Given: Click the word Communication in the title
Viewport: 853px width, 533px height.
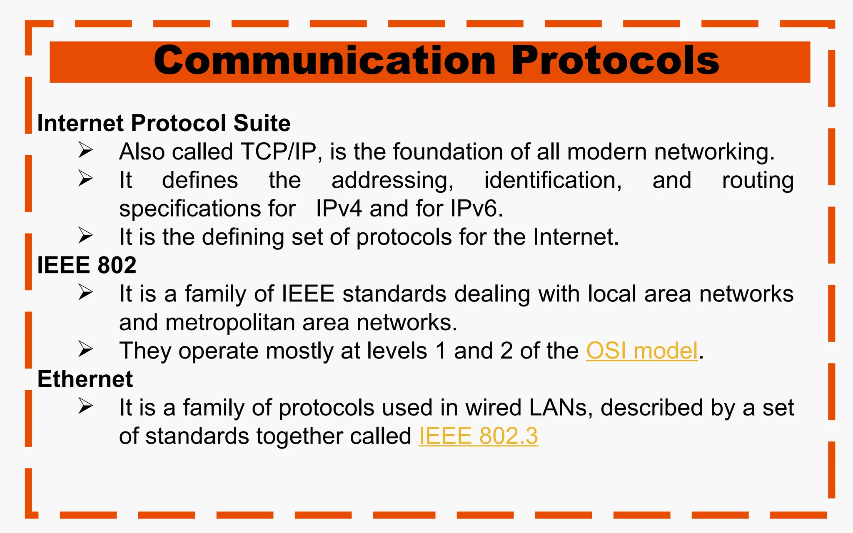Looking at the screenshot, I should [324, 61].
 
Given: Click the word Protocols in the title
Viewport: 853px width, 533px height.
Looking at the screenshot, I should [615, 61].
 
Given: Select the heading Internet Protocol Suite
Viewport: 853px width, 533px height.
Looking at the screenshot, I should [164, 123].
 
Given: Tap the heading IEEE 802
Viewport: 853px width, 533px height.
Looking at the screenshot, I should [87, 265].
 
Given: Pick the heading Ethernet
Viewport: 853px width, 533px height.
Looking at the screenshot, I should [85, 379].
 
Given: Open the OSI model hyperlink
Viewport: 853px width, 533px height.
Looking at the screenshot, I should [641, 351].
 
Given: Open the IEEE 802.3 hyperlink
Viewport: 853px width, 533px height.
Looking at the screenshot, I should [478, 436].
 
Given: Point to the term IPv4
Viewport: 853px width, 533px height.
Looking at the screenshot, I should [339, 208].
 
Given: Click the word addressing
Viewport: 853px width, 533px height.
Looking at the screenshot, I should [392, 180].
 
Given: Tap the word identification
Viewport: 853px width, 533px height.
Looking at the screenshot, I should [553, 180].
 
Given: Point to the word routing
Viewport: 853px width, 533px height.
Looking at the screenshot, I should [758, 180].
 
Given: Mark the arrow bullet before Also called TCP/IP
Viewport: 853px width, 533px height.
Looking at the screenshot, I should [85, 150].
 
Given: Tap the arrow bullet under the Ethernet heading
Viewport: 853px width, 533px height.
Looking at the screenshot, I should [85, 406].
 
